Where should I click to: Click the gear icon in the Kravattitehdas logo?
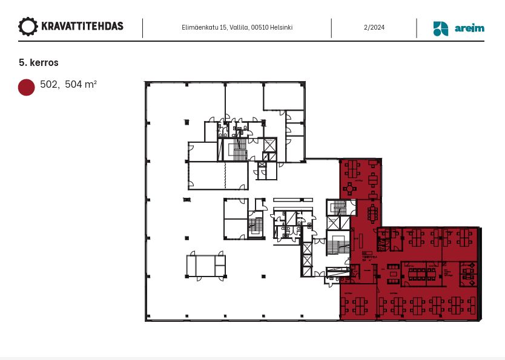pyautogui.click(x=28, y=27)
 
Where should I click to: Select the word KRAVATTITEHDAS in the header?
pyautogui.click(x=82, y=27)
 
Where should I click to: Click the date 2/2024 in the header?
pyautogui.click(x=374, y=28)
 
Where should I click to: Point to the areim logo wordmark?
pyautogui.click(x=469, y=28)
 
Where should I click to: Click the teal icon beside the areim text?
pyautogui.click(x=441, y=28)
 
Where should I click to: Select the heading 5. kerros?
pyautogui.click(x=39, y=62)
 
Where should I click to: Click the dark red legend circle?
pyautogui.click(x=27, y=87)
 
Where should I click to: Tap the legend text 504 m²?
pyautogui.click(x=81, y=85)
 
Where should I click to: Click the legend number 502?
pyautogui.click(x=49, y=85)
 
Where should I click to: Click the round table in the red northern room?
pyautogui.click(x=350, y=189)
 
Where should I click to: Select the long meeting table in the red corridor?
pyautogui.click(x=372, y=212)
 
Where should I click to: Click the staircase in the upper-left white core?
pyautogui.click(x=240, y=151)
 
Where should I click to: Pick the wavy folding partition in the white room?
pyautogui.click(x=225, y=175)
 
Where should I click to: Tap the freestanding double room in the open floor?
pyautogui.click(x=206, y=266)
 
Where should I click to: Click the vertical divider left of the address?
pyautogui.click(x=143, y=28)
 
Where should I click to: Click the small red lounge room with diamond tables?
pyautogui.click(x=467, y=273)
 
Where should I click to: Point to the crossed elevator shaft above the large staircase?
pyautogui.click(x=334, y=223)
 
